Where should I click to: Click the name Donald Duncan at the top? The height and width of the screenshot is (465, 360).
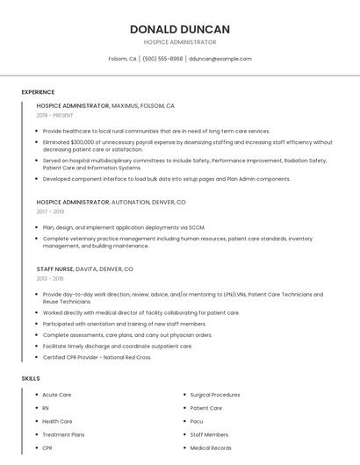click(179, 28)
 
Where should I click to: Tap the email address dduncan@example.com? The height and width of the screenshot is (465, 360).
click(220, 59)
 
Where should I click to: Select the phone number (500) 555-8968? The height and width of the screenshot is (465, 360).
click(162, 59)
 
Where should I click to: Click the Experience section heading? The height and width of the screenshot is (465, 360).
click(38, 92)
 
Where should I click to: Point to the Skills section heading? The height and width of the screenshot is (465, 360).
click(31, 378)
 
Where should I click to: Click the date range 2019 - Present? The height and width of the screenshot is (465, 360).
click(55, 115)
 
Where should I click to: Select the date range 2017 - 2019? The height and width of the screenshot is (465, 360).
click(50, 211)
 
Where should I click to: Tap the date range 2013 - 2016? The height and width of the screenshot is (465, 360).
click(50, 278)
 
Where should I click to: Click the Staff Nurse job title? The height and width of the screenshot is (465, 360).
click(54, 268)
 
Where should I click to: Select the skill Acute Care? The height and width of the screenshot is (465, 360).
click(57, 395)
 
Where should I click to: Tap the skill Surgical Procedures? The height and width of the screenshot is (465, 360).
click(215, 395)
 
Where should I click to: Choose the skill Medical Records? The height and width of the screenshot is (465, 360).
click(211, 448)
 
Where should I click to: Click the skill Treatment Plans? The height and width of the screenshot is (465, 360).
click(63, 435)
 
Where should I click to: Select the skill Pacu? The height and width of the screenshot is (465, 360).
click(197, 421)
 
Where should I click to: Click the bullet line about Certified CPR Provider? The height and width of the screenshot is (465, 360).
click(97, 357)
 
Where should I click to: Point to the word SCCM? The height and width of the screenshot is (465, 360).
click(196, 227)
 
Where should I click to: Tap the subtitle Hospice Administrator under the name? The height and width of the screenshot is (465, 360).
click(179, 42)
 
